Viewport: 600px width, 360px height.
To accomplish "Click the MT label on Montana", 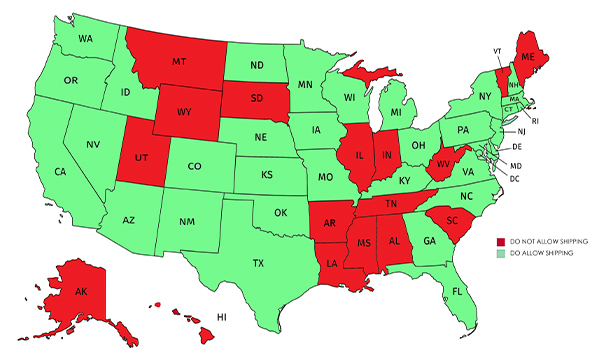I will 180,61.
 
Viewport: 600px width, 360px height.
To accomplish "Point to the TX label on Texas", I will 259,264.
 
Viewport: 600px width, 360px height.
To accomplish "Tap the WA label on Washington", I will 85,40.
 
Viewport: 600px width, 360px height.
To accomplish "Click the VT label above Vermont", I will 497,49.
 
